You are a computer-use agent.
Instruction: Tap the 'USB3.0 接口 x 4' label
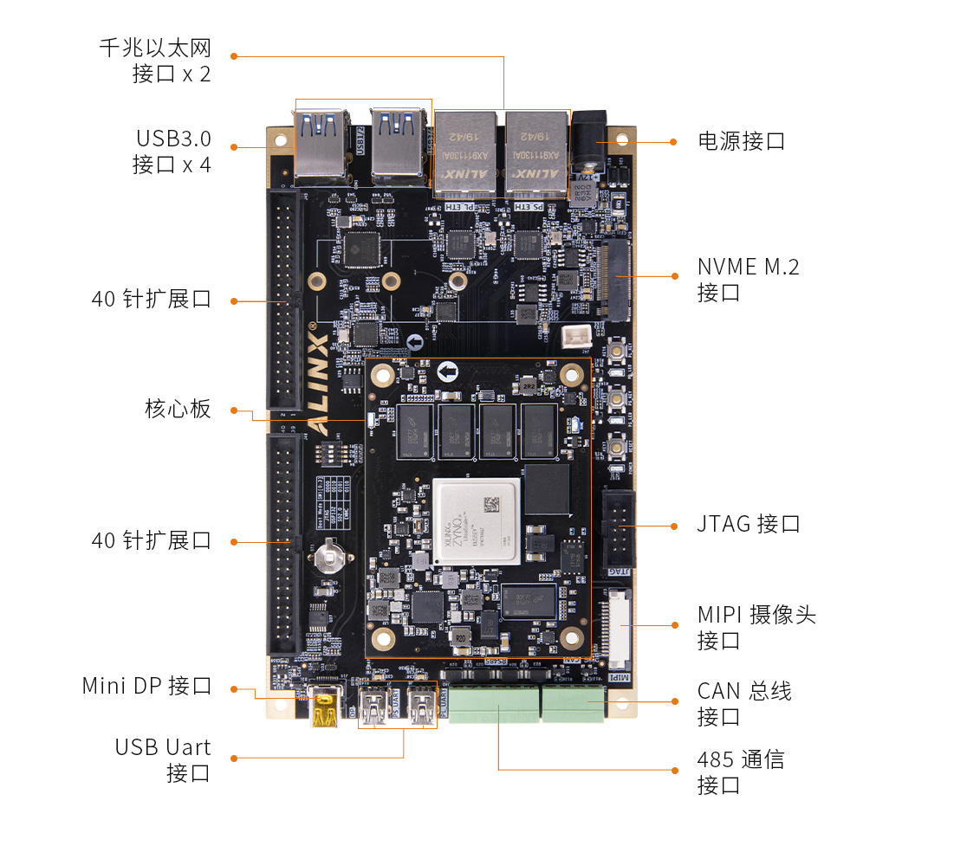pos(172,151)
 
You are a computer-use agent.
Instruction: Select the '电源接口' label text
pos(741,141)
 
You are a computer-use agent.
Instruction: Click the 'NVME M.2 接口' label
pos(748,279)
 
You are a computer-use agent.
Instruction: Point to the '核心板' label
pos(178,409)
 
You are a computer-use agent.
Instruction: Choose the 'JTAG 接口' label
pos(748,524)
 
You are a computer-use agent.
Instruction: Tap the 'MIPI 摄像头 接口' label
pos(756,628)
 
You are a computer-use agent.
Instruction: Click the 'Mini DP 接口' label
pos(146,686)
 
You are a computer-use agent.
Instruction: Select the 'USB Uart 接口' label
pos(163,759)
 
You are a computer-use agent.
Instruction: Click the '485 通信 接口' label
pos(740,772)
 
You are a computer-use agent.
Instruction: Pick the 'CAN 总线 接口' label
pos(743,703)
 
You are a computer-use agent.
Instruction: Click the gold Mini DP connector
pos(326,706)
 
